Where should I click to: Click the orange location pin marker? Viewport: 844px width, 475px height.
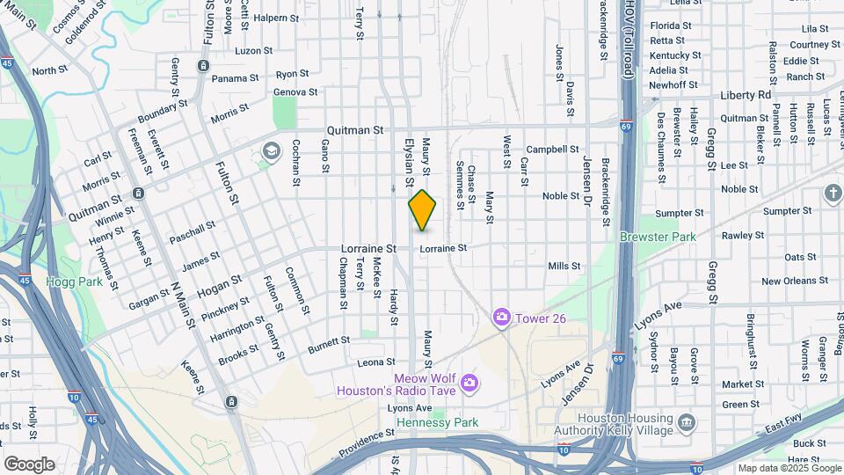(422, 210)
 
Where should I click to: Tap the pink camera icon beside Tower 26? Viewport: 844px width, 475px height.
(502, 317)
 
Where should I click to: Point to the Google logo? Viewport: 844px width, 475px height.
(29, 464)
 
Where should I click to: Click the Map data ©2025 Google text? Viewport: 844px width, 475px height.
(789, 468)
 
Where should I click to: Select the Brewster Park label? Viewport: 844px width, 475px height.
(657, 237)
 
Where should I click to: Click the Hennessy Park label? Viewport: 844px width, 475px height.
(437, 423)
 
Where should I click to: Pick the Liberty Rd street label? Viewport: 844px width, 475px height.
(745, 95)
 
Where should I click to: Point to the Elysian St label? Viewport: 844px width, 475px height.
(409, 163)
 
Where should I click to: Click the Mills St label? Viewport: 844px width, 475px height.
(564, 266)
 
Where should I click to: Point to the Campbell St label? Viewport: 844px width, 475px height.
(552, 150)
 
